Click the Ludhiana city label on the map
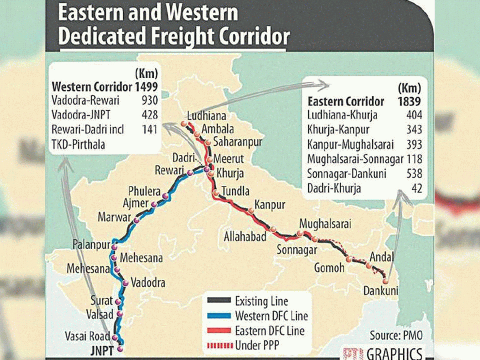[x=206, y=116]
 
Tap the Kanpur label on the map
[x=270, y=205]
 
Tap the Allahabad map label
[x=245, y=236]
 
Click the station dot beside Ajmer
[x=154, y=204]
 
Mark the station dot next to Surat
[x=118, y=302]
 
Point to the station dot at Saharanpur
[x=208, y=142]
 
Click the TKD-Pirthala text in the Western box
[x=78, y=144]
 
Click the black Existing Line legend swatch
[x=219, y=301]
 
